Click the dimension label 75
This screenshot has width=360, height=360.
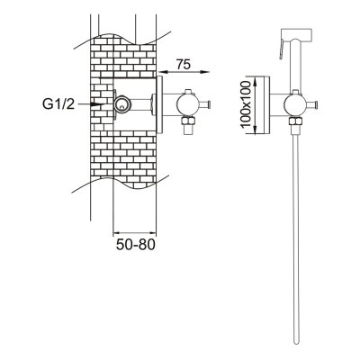click(x=183, y=64)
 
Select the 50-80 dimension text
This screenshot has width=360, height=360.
click(x=136, y=245)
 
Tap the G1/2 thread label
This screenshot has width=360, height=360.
click(x=58, y=103)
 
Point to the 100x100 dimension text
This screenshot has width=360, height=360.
click(x=246, y=104)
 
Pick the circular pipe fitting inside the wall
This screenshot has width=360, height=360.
click(x=121, y=104)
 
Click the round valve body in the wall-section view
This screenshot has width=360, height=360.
click(x=186, y=104)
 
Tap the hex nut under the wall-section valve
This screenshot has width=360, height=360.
click(x=187, y=121)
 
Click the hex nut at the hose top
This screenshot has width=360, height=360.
click(x=295, y=121)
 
